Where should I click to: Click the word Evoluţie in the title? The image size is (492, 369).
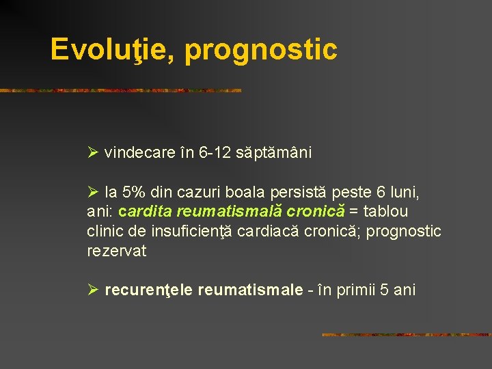[x=112, y=50]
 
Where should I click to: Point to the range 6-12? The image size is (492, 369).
[x=215, y=153]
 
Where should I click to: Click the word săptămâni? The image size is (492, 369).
[x=273, y=153]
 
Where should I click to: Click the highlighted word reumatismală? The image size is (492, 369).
[x=219, y=213]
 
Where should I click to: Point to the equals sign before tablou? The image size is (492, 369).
[x=353, y=213]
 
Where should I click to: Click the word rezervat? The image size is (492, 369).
[x=117, y=251]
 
